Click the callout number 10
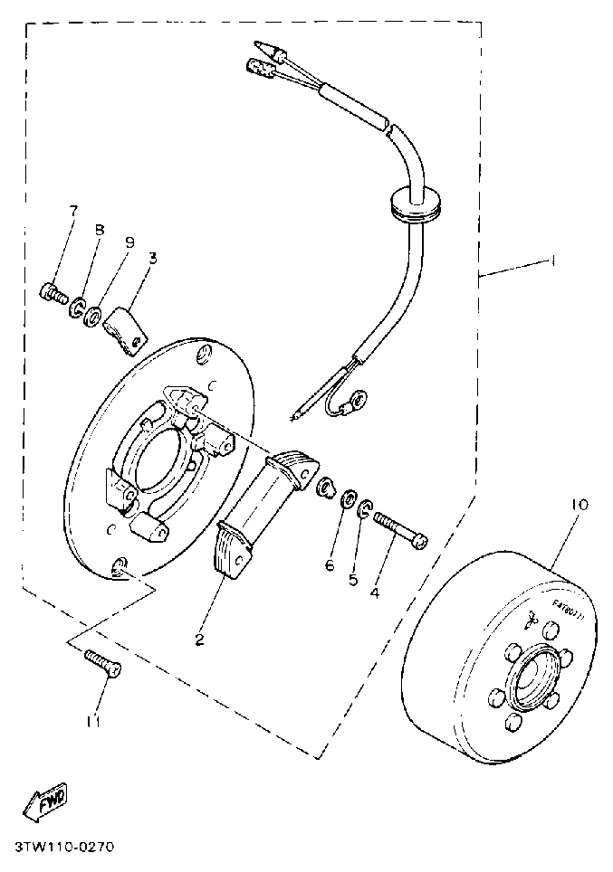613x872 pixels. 579,505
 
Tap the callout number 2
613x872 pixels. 199,640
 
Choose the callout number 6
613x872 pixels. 330,565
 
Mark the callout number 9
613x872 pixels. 129,242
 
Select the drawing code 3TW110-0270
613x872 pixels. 65,848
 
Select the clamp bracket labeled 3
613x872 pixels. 124,327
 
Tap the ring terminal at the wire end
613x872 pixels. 359,396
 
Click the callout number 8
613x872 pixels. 99,231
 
